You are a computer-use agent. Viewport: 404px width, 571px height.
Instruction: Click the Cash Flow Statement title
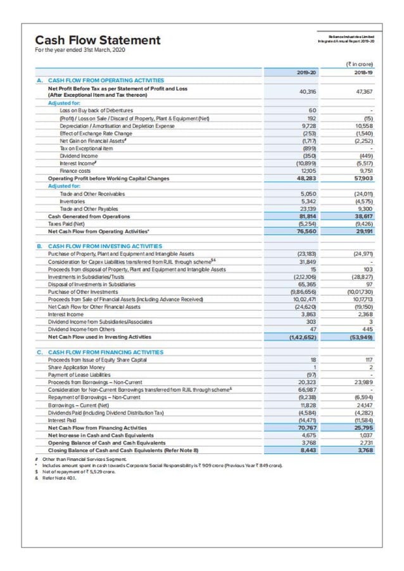[98, 41]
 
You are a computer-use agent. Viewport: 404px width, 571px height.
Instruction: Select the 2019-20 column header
[306, 73]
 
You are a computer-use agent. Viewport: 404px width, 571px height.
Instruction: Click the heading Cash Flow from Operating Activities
[106, 81]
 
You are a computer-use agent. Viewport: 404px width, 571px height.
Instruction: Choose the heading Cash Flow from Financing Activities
[105, 352]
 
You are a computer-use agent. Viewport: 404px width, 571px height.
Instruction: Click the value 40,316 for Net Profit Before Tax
[306, 92]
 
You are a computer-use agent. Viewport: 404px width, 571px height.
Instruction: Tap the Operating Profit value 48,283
[306, 179]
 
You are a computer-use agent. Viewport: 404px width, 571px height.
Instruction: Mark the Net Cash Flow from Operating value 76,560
[306, 232]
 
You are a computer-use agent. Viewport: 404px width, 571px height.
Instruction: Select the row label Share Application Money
[77, 368]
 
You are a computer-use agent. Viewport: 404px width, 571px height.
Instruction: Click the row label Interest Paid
[65, 421]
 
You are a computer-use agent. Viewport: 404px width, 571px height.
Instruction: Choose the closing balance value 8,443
[307, 451]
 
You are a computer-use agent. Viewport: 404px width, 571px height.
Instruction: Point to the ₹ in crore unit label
[358, 65]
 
